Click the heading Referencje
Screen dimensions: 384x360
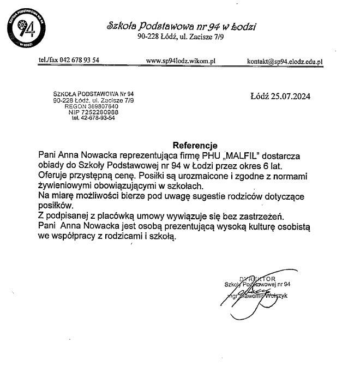pyautogui.click(x=195, y=146)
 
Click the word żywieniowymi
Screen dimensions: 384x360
pyautogui.click(x=69, y=185)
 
